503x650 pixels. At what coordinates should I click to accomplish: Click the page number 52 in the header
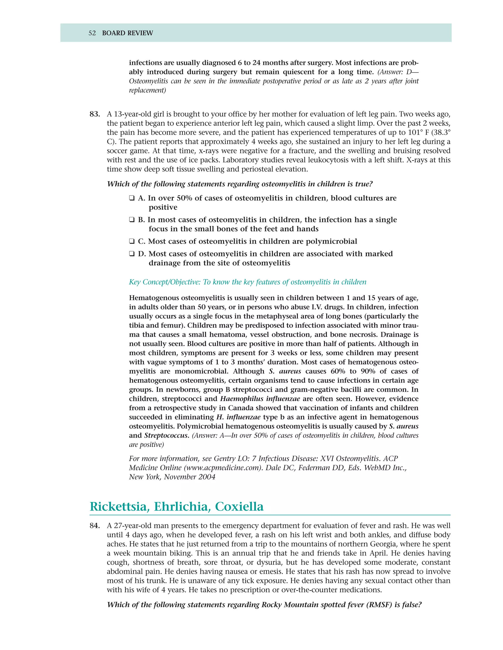tap(92, 33)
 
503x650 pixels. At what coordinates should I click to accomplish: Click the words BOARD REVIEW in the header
tap(127, 33)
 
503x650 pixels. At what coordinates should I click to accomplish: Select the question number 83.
tap(95, 114)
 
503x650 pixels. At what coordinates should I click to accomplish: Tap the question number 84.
tap(95, 526)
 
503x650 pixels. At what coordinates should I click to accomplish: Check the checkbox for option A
tap(132, 198)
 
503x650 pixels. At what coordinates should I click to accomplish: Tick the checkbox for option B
tap(132, 220)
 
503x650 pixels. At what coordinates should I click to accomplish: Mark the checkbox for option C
tap(132, 241)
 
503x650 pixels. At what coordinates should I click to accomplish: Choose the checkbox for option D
tap(132, 254)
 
